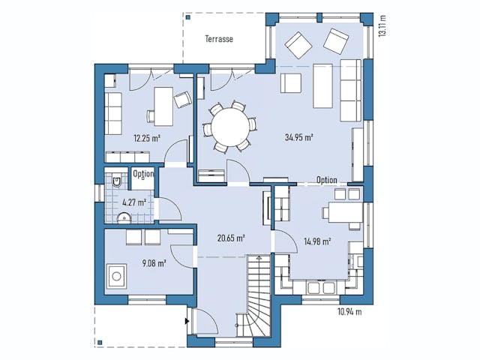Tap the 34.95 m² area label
[x=298, y=138]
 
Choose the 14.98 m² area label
[x=318, y=241]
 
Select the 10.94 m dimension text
[x=349, y=312]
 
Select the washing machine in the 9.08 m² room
[x=118, y=277]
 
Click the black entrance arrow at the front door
[x=186, y=320]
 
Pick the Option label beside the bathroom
[x=143, y=174]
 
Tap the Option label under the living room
[x=326, y=180]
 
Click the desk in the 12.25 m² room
[x=163, y=105]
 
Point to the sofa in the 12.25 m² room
[x=113, y=113]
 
